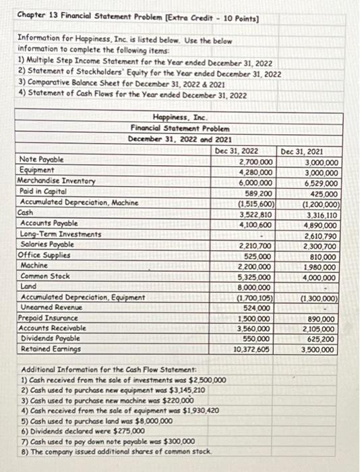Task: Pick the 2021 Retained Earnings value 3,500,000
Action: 320,350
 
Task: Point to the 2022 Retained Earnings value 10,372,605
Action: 252,350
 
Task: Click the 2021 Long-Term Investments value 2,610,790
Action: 320,234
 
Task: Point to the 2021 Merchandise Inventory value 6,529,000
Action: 320,182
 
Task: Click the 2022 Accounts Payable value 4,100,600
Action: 254,224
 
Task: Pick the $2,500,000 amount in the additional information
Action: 204,381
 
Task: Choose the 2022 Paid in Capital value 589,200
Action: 257,192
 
